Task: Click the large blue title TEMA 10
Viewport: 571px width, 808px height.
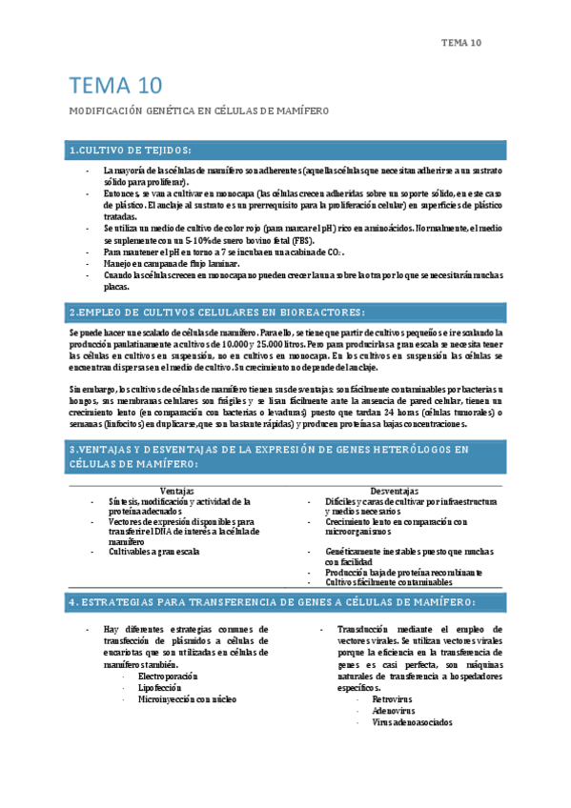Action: click(x=115, y=87)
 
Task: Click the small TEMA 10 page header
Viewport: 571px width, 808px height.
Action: click(x=462, y=43)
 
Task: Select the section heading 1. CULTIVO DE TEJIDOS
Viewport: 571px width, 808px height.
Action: click(x=130, y=151)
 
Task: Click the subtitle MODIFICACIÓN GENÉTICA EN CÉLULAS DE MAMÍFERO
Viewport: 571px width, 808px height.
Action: click(x=198, y=111)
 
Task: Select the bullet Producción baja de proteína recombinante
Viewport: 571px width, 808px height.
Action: click(x=403, y=572)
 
